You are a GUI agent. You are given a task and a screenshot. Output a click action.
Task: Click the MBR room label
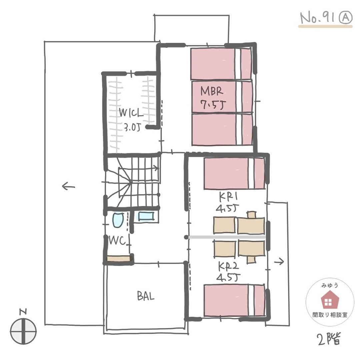tap(212, 91)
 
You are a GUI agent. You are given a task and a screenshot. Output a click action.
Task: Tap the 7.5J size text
tap(213, 105)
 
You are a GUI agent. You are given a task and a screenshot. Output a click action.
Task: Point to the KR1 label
tap(228, 197)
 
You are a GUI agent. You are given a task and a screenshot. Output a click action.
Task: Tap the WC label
tap(117, 241)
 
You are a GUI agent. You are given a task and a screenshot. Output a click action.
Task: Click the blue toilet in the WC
tap(118, 220)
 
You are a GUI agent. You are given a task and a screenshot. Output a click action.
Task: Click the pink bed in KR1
tap(234, 173)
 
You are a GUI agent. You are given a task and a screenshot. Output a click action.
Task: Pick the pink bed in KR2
tap(234, 300)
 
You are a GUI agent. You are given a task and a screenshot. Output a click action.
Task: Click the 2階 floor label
tap(329, 339)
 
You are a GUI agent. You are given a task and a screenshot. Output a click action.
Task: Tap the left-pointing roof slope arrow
tap(68, 186)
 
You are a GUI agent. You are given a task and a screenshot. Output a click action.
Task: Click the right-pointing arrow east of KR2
tap(279, 261)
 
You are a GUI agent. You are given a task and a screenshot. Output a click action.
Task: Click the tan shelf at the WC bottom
tap(118, 259)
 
